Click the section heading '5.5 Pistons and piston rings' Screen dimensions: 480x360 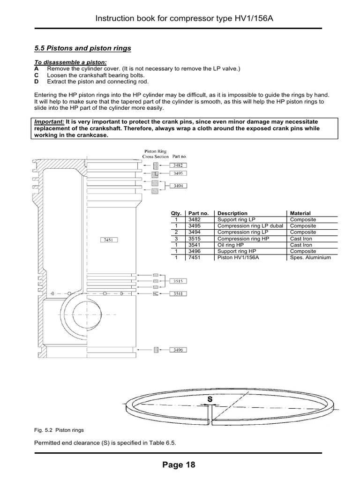[83, 48]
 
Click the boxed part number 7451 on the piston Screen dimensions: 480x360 [109, 240]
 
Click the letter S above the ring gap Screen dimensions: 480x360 [210, 399]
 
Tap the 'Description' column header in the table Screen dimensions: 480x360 [232, 213]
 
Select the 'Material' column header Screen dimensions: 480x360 [300, 213]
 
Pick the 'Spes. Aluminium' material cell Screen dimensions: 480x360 [310, 258]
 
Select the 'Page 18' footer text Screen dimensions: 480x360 [178, 465]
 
